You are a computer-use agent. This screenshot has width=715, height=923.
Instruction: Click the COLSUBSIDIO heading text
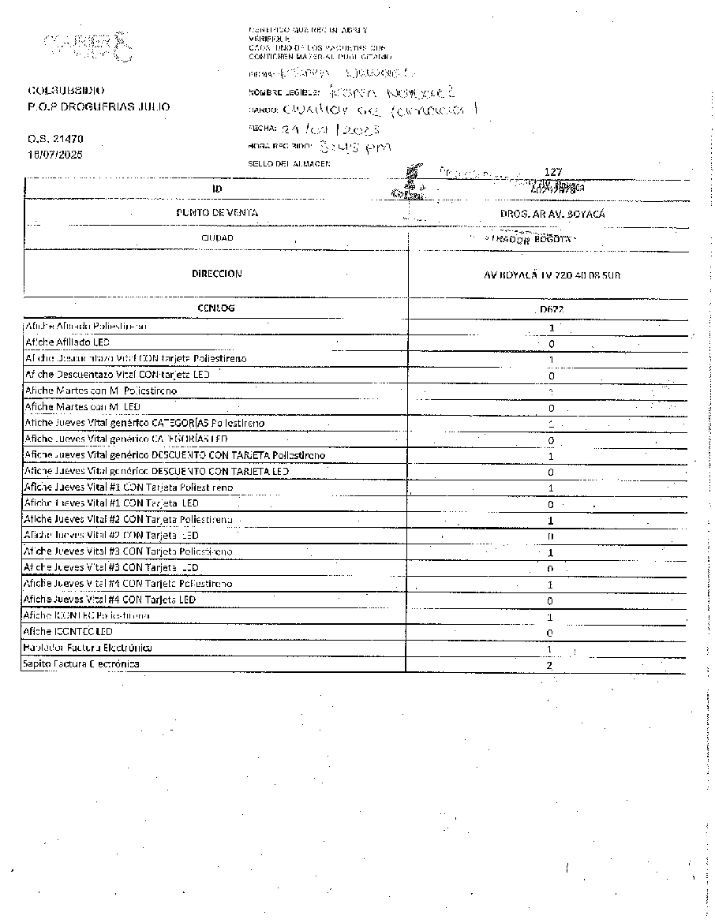click(x=66, y=92)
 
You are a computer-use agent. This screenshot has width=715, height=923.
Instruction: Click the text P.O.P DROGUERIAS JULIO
click(x=99, y=106)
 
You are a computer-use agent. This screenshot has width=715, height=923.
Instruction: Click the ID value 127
click(x=552, y=172)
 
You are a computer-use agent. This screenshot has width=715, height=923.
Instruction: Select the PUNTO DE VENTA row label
click(x=216, y=212)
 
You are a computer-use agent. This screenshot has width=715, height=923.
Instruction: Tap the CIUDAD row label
click(x=217, y=237)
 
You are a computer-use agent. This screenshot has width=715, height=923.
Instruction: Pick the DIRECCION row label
click(x=216, y=274)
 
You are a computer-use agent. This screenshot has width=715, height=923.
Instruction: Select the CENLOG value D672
click(x=552, y=309)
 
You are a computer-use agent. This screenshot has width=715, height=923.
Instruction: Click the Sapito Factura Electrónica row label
click(x=82, y=664)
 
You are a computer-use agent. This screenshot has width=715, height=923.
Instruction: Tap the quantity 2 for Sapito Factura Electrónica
click(x=551, y=665)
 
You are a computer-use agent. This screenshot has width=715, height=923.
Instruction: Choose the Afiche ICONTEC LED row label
click(x=69, y=632)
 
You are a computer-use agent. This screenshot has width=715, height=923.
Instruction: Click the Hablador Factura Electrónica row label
click(x=88, y=648)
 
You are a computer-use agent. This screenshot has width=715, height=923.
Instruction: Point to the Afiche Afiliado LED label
click(x=67, y=342)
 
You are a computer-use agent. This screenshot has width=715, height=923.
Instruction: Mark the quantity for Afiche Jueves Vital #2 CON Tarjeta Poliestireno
click(x=551, y=521)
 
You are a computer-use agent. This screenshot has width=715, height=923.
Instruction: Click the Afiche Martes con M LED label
click(x=83, y=406)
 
